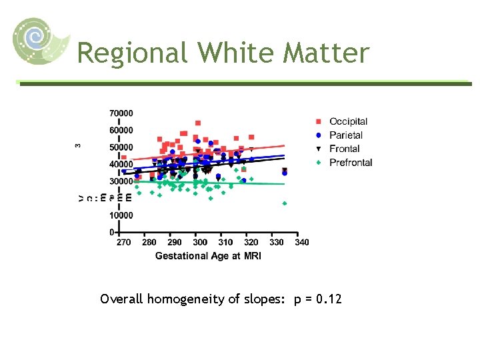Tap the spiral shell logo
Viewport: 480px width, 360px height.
[x=40, y=41]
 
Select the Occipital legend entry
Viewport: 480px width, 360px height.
[x=348, y=121]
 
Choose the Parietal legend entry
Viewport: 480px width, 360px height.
[x=345, y=135]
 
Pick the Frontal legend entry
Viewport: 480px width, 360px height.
[x=344, y=149]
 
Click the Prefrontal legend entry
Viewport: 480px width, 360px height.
[x=351, y=163]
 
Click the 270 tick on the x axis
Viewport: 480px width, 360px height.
[x=123, y=243]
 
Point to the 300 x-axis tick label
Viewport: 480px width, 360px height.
[x=200, y=243]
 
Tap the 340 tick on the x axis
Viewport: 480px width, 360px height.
[x=302, y=243]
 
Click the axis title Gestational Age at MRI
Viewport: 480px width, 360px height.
[x=208, y=256]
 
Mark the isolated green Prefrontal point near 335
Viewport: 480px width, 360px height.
[x=285, y=203]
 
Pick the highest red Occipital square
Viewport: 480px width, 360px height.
[x=198, y=123]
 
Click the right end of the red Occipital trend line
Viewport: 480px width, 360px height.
[x=285, y=145]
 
